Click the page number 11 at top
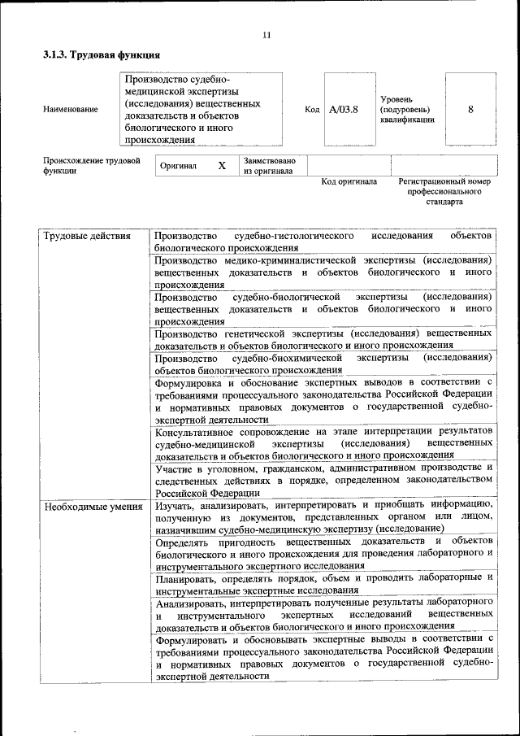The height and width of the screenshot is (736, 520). (266, 34)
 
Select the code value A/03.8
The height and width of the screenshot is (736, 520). (343, 108)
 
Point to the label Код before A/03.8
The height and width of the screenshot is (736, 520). (312, 109)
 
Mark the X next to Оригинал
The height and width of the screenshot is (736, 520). (222, 166)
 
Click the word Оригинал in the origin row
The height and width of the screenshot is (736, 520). (179, 166)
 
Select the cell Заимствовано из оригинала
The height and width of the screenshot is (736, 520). (269, 166)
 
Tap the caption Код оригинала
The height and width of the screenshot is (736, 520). (349, 181)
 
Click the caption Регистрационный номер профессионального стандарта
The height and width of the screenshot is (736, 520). (444, 191)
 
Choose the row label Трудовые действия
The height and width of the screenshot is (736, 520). (87, 236)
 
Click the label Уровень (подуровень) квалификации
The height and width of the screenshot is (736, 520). (407, 109)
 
